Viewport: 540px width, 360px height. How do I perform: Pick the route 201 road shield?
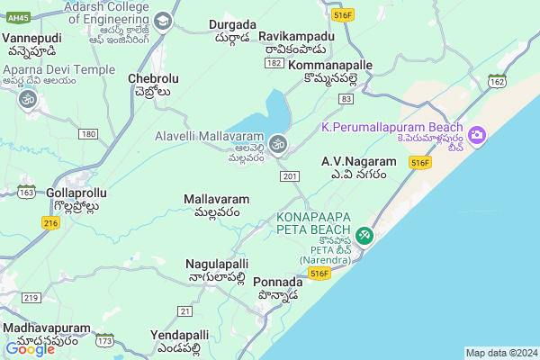[288, 175]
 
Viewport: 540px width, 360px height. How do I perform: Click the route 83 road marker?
[346, 98]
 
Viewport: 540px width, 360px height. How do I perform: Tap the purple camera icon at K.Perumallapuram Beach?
[477, 136]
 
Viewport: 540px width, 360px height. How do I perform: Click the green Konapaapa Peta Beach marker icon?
[364, 235]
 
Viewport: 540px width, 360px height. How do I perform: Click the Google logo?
[30, 349]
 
